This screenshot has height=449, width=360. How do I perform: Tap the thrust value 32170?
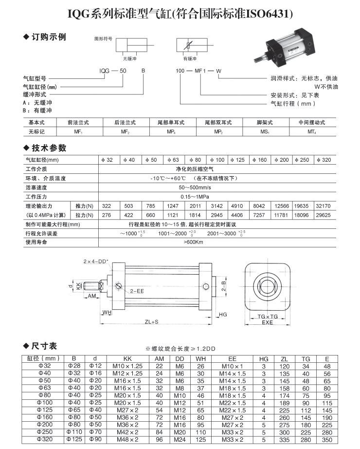point(323,206)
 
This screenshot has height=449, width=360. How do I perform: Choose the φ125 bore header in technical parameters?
point(238,160)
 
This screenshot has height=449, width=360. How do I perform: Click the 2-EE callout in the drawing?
point(137,290)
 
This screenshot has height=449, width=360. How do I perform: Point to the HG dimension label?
point(223,315)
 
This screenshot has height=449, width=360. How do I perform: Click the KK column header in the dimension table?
point(128,359)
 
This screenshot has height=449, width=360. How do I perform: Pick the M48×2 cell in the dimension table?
point(128,439)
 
